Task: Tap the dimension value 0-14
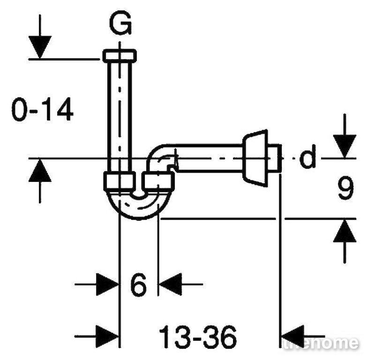tap(42, 110)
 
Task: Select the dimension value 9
tap(345, 187)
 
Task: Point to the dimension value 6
tap(138, 285)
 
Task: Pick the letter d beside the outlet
tap(308, 156)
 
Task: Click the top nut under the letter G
tap(120, 56)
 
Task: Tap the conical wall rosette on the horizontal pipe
tap(255, 158)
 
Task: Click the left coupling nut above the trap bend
tap(120, 181)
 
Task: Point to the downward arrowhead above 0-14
tap(40, 47)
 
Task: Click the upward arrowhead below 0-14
tap(40, 170)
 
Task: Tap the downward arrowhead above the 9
tap(345, 146)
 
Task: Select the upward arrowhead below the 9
tap(345, 231)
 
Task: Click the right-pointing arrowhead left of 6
tap(107, 285)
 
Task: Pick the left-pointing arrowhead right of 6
tap(171, 285)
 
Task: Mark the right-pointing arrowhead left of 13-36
tap(107, 337)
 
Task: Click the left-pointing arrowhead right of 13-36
tap(293, 337)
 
